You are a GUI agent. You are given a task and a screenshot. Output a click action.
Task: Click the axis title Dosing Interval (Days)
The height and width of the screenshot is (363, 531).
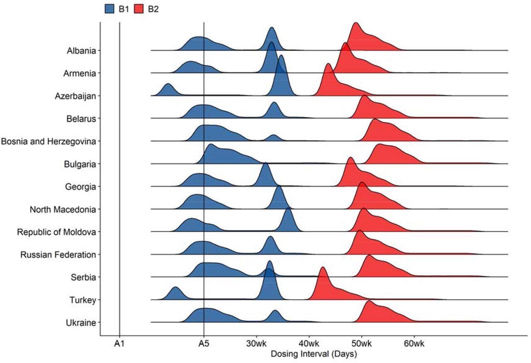[x=314, y=354]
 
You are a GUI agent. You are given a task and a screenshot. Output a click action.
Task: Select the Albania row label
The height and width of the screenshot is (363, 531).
[x=81, y=51]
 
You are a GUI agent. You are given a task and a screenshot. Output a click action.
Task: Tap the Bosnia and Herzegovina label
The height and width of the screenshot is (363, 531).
[x=49, y=142]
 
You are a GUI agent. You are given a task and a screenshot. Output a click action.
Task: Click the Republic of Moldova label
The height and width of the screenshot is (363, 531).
[x=56, y=232]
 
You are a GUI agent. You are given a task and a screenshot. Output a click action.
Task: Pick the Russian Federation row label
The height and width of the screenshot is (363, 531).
[x=58, y=255]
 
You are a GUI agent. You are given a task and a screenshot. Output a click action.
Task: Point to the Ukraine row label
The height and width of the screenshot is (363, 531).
[x=81, y=322]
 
